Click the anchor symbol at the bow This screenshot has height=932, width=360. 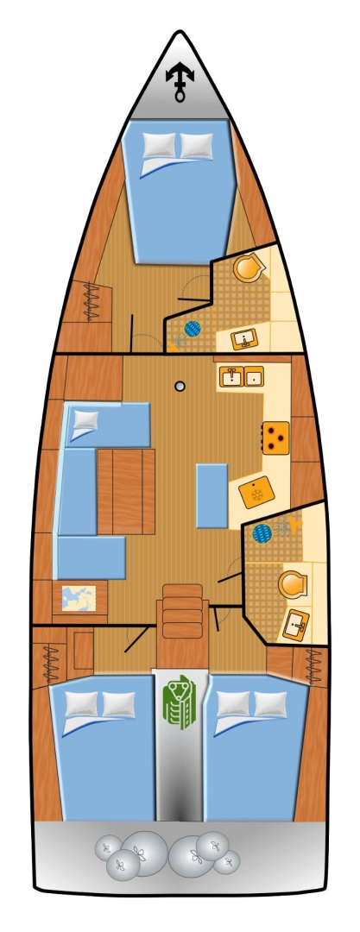tap(180, 82)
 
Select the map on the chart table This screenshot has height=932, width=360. tap(79, 597)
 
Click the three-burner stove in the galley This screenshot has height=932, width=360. tap(275, 437)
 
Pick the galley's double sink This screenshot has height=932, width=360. tap(241, 376)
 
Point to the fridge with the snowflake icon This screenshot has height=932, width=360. tap(256, 495)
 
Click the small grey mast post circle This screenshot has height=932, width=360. tap(180, 387)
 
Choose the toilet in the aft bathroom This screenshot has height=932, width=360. tap(293, 585)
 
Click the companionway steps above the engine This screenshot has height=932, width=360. tap(182, 611)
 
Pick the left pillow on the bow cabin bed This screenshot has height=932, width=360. tap(158, 145)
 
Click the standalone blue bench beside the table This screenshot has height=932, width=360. tap(212, 494)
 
